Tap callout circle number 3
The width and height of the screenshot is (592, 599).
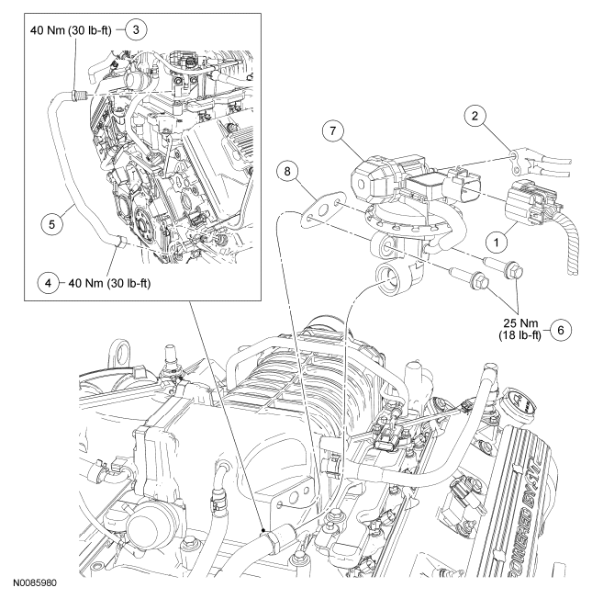[x=136, y=29]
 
